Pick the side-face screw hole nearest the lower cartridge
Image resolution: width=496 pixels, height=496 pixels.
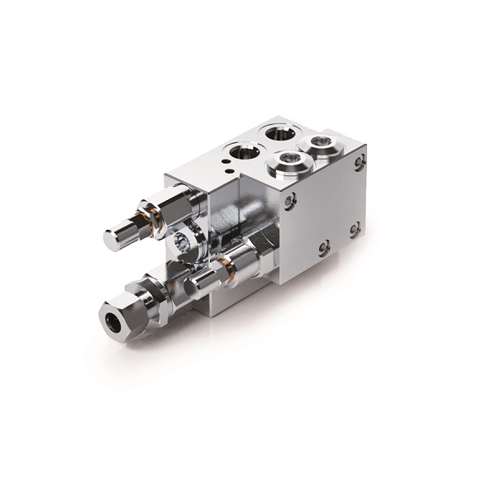point(323,246)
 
